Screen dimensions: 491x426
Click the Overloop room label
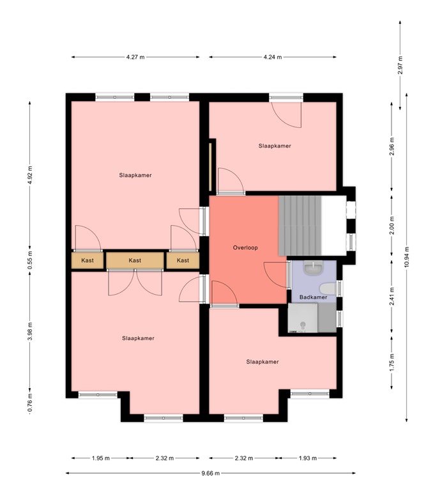point(245,247)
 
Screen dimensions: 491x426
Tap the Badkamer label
point(313,297)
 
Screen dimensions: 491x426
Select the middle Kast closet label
point(135,261)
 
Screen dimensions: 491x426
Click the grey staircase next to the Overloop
point(299,224)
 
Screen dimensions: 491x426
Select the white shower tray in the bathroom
point(302,318)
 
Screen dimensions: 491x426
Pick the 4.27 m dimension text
point(135,58)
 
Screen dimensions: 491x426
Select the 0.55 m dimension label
point(30,261)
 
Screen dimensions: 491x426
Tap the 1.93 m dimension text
point(308,458)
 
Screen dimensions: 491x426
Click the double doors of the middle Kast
point(135,281)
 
